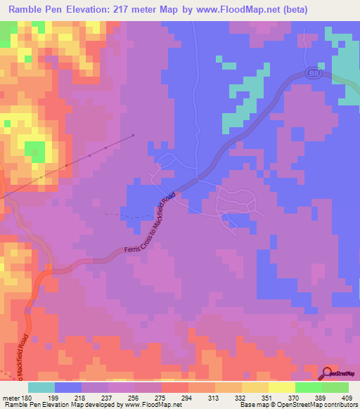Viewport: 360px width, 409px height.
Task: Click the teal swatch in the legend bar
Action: pos(41,387)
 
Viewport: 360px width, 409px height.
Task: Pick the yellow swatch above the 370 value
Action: pos(282,387)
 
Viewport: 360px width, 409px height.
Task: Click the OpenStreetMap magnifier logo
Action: pos(328,373)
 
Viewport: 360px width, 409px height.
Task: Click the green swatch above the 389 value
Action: pos(309,387)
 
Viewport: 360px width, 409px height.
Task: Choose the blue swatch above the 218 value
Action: pos(68,387)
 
